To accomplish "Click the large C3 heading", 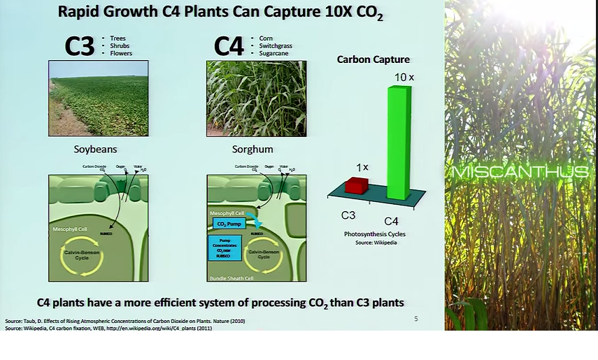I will [x=79, y=45].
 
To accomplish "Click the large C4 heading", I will [x=229, y=45].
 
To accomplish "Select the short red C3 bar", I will [x=357, y=185].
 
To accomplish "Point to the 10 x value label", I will [x=404, y=76].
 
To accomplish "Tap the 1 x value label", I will [x=362, y=168].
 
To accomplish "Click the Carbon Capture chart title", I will [x=373, y=59].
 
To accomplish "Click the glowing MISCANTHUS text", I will [x=520, y=172].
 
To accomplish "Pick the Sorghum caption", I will [x=252, y=149].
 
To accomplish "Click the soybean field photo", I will [x=98, y=98].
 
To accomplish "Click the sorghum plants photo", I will [x=257, y=98].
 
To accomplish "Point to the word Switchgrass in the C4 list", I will [x=275, y=45].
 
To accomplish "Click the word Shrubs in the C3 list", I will [x=120, y=45].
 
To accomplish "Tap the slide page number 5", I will [x=416, y=319].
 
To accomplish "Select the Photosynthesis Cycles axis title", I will [x=374, y=233].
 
